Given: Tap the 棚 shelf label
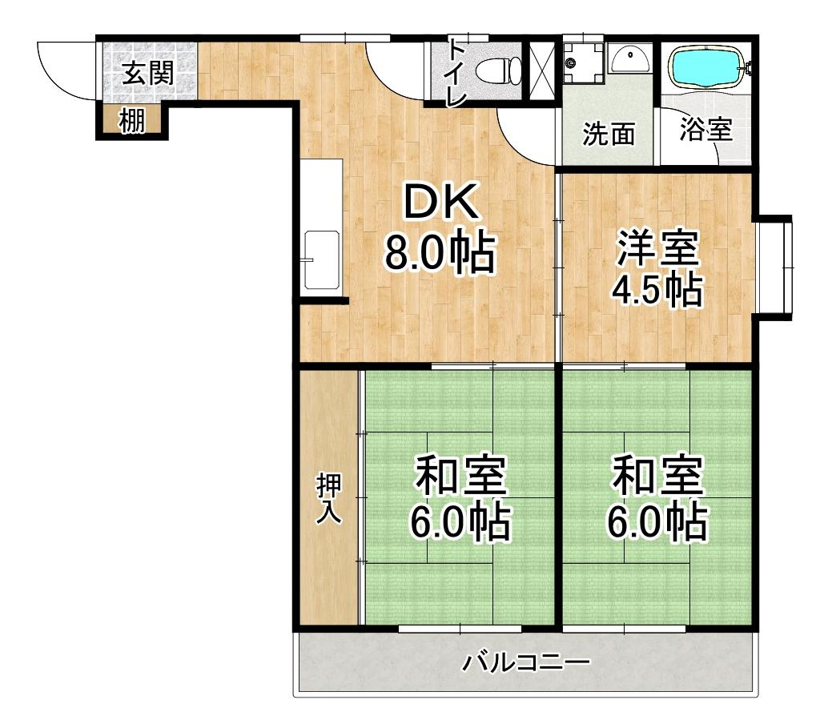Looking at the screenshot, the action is click(131, 121).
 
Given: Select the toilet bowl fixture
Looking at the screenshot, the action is click(499, 70).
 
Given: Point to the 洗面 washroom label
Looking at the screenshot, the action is click(609, 135).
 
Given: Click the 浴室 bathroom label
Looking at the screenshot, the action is click(706, 129).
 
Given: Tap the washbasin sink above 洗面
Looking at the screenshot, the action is click(630, 58).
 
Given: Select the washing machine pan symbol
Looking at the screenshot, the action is click(584, 63).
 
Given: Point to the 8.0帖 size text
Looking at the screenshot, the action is click(440, 253).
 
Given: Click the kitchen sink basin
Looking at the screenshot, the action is click(322, 259).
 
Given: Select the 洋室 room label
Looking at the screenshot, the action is click(657, 247).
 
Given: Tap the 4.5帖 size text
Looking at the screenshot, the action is click(657, 289).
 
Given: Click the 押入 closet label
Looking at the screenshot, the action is click(329, 498).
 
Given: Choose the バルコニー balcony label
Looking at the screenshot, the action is click(526, 662).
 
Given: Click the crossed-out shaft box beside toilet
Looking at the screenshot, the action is click(542, 71).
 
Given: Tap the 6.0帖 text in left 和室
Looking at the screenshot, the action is click(460, 522).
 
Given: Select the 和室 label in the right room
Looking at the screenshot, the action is click(658, 475).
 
